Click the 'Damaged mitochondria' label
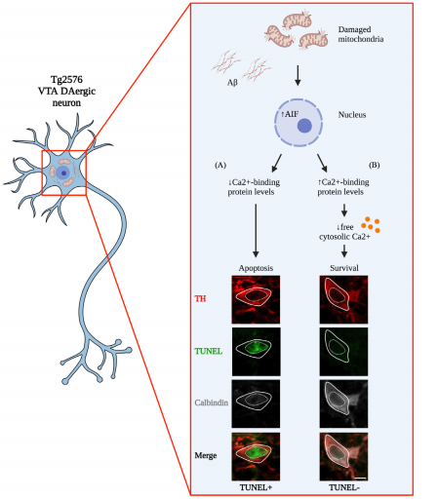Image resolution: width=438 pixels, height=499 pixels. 361,34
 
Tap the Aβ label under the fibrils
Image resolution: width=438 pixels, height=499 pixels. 232,83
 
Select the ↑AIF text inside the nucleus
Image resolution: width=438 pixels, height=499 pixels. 290,114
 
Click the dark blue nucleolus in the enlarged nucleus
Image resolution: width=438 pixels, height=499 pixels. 304,126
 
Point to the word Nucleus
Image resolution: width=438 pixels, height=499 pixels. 352,115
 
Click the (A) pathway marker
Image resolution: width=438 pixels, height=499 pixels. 220,165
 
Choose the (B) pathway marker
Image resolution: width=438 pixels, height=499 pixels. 374,165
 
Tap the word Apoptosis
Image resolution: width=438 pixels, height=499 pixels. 256,268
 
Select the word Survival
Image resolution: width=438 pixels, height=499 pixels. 344,268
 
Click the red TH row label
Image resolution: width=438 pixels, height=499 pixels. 200,298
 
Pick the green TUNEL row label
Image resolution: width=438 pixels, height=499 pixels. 209,351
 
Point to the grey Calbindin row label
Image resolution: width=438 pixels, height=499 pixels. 212,403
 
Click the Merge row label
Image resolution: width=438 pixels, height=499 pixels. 206,455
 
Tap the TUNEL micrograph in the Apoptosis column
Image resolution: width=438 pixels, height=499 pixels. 256,352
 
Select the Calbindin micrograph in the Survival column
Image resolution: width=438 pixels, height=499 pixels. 343,403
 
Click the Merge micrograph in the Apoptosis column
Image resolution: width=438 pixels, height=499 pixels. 256,456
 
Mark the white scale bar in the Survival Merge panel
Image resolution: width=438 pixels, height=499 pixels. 361,478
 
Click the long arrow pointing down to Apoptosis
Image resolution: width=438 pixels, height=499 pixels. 256,231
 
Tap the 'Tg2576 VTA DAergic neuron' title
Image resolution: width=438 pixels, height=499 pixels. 66,91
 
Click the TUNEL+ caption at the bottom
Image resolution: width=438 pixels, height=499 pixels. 256,487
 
